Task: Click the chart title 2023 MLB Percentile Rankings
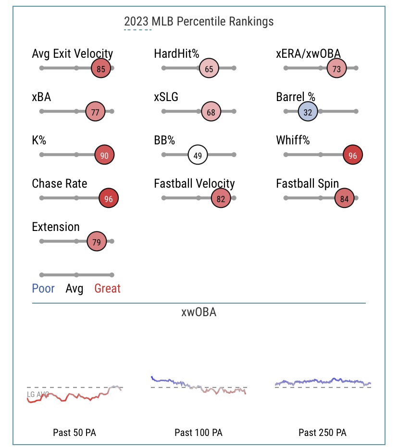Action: pos(199,22)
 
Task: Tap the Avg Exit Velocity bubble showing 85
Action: pos(100,69)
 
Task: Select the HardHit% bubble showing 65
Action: pos(209,69)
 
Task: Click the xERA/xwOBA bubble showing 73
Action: pos(336,69)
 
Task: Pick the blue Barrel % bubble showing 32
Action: pos(308,112)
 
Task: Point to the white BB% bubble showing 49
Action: pos(198,155)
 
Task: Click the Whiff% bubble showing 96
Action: pos(353,155)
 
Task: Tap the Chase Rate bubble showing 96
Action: pos(108,198)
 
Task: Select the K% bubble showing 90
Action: pos(104,155)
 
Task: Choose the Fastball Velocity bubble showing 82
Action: pos(221,198)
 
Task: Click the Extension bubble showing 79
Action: pos(96,242)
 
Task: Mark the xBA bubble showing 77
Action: pos(95,112)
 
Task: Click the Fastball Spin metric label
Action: pos(307,184)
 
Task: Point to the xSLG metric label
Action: pos(166,97)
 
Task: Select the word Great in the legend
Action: pos(107,289)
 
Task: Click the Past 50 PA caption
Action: pos(75,433)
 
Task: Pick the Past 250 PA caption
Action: pos(322,433)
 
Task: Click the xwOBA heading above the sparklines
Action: pos(199,312)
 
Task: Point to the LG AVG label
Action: pos(38,394)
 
